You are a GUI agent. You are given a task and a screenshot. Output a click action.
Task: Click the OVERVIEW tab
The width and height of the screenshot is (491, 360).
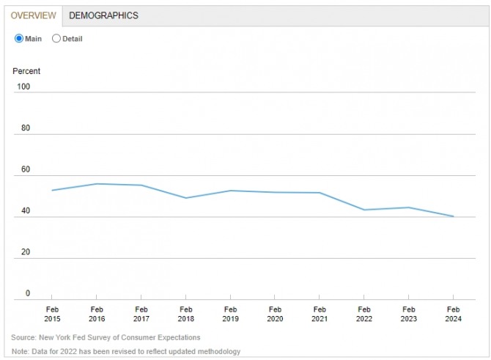[34, 15]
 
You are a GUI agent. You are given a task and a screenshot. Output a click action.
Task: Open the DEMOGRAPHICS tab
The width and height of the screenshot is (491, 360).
[103, 15]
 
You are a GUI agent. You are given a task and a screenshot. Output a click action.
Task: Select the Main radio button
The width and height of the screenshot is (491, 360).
[19, 39]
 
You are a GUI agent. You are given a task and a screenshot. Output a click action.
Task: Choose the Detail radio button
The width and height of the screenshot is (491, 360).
[56, 39]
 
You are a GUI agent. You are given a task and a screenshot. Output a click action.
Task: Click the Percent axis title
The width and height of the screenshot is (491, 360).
[26, 71]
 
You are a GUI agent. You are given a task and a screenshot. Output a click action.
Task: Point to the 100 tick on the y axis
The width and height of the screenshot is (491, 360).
[23, 87]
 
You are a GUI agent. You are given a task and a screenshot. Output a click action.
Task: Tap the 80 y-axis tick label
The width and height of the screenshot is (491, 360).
[26, 128]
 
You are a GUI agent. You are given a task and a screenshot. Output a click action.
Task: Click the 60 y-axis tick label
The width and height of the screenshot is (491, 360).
[26, 169]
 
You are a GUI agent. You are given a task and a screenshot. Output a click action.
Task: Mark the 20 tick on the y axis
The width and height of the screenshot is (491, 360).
[26, 252]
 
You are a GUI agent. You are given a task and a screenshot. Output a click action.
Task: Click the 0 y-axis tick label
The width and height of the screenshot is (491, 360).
[28, 293]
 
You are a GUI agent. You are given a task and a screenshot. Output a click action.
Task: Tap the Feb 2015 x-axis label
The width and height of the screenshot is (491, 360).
[53, 315]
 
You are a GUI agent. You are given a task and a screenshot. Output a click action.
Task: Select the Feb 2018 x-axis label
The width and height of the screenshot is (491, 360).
[185, 315]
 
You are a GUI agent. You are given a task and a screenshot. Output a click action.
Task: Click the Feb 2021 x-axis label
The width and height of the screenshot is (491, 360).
[319, 315]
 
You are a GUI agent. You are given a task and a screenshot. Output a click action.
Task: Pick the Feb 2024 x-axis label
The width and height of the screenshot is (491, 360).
[453, 315]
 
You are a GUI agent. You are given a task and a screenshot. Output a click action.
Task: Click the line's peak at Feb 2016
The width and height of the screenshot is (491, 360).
[97, 184]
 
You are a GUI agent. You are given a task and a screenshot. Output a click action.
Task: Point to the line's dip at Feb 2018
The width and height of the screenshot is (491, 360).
[185, 198]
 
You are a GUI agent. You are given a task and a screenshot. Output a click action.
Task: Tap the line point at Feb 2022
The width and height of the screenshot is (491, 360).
[363, 210]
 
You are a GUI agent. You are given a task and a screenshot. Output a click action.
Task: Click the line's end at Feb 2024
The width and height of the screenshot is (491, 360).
[453, 216]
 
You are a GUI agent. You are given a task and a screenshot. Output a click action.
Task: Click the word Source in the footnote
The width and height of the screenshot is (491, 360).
[23, 337]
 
